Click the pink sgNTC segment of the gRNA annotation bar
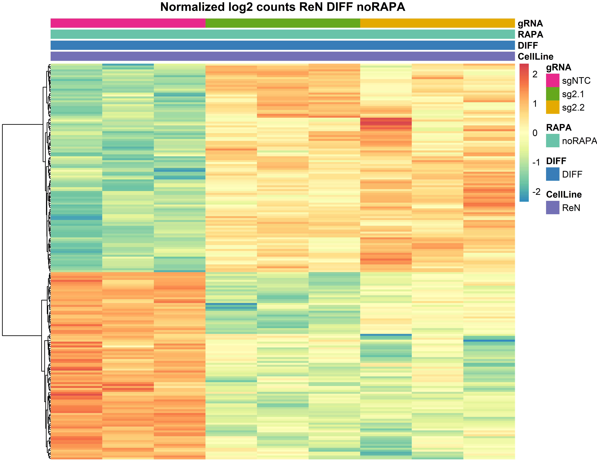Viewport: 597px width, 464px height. point(128,23)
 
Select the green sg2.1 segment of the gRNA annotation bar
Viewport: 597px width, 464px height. point(283,23)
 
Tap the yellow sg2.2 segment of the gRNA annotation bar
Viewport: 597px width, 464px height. point(437,23)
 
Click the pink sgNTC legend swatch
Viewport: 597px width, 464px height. point(552,80)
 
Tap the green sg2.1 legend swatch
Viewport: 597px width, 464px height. point(552,94)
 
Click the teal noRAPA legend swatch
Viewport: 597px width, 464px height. point(552,141)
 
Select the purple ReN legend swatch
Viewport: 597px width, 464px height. point(552,208)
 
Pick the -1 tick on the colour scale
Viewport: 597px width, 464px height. point(536,162)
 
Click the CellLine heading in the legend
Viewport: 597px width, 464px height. point(564,194)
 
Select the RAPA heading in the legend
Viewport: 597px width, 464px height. point(558,128)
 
